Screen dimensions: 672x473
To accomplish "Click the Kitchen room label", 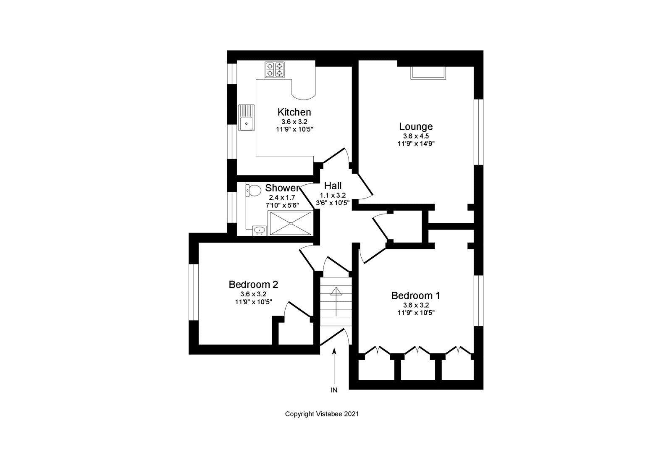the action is click(294, 112).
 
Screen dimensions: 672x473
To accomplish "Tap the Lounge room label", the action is click(416, 126).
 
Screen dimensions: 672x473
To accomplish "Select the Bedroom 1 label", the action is click(415, 295).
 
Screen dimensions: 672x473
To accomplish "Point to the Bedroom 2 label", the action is click(253, 284).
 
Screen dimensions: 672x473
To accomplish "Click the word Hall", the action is click(333, 186).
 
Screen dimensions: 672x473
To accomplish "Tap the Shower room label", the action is click(282, 188).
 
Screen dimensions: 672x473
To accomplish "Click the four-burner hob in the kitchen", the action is click(275, 70).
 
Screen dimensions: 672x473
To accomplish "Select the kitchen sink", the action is click(246, 118).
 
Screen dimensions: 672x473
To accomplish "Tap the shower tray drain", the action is click(291, 223).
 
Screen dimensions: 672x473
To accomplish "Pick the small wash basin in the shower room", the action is click(259, 230).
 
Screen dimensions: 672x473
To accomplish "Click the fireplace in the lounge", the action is click(428, 73).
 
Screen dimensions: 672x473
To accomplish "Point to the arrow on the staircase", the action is click(336, 301).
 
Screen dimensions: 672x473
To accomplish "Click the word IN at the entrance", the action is click(334, 390).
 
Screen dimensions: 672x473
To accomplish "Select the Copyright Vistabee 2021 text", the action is click(322, 414).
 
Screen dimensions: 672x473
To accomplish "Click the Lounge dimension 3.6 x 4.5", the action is click(416, 136).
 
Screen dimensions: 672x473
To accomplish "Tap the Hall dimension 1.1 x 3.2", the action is click(333, 196).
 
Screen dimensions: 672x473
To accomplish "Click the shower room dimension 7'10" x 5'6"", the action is click(282, 205).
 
